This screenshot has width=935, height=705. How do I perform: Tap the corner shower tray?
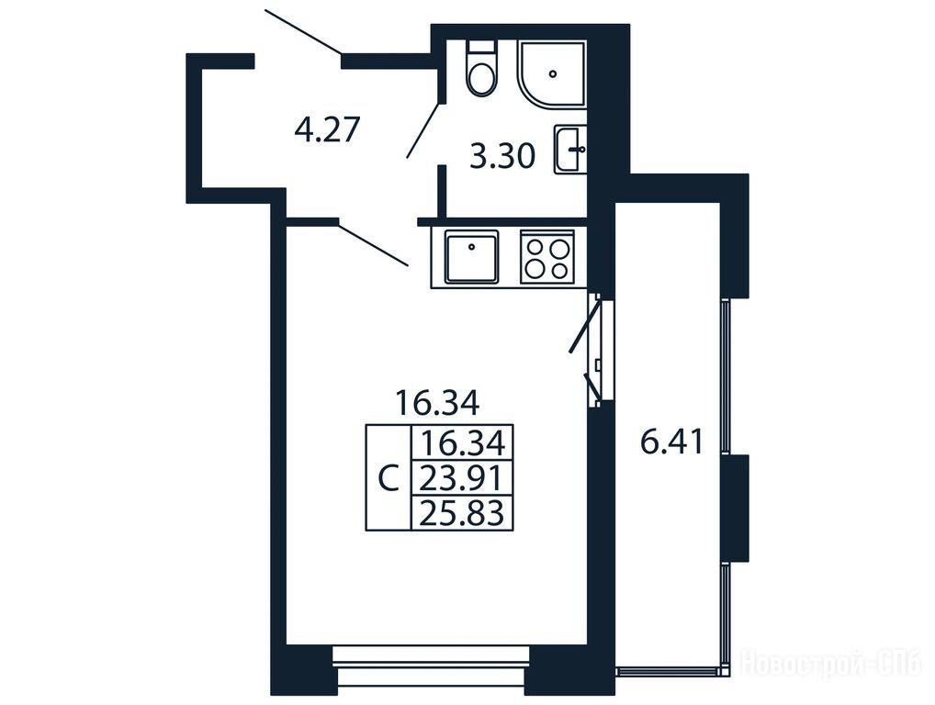552,74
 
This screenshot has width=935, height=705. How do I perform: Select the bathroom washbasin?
570,150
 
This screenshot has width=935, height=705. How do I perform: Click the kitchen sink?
471,257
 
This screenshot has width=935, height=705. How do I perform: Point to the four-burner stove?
547,257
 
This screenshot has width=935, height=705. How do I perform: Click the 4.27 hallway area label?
327,129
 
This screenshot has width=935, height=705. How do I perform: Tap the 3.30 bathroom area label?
502,157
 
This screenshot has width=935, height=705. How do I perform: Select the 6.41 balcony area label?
672,442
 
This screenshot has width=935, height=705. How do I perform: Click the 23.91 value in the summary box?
462,477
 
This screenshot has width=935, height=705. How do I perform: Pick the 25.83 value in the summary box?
462,512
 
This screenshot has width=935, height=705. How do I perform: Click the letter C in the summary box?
389,478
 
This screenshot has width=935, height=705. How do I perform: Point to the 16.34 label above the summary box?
438,404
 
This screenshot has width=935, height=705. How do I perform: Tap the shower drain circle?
553,74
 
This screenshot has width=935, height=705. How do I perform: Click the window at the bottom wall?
431,666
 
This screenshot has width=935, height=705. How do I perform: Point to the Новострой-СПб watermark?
830,663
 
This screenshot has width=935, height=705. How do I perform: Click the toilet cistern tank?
482,47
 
